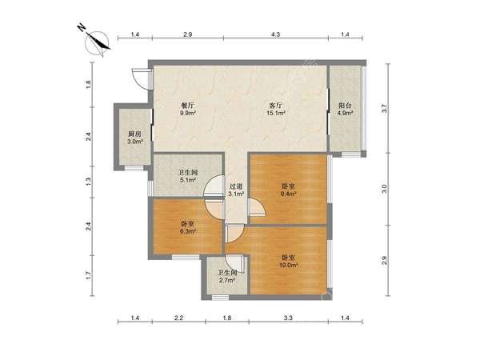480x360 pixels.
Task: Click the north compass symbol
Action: point(98,43)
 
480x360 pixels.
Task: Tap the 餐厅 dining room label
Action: point(188,110)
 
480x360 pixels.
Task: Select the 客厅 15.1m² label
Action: point(275,110)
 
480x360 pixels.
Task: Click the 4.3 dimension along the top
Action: point(275,34)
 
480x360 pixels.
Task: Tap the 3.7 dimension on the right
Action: point(385,109)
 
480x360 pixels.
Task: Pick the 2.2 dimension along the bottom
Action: point(178,318)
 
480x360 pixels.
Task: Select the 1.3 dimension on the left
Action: point(88,182)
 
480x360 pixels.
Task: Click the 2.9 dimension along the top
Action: point(187,34)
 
